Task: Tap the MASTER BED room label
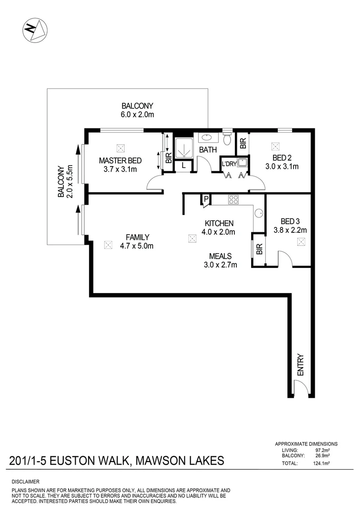[117, 160]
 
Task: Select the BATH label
[208, 150]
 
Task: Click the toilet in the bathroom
[227, 138]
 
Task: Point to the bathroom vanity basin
[207, 138]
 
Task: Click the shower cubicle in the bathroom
[183, 148]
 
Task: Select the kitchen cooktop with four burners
[233, 200]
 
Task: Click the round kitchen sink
[259, 214]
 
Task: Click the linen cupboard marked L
[183, 166]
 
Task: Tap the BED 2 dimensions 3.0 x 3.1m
[282, 167]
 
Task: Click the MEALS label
[220, 256]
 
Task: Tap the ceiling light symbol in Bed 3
[301, 242]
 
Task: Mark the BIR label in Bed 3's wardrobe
[259, 249]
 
